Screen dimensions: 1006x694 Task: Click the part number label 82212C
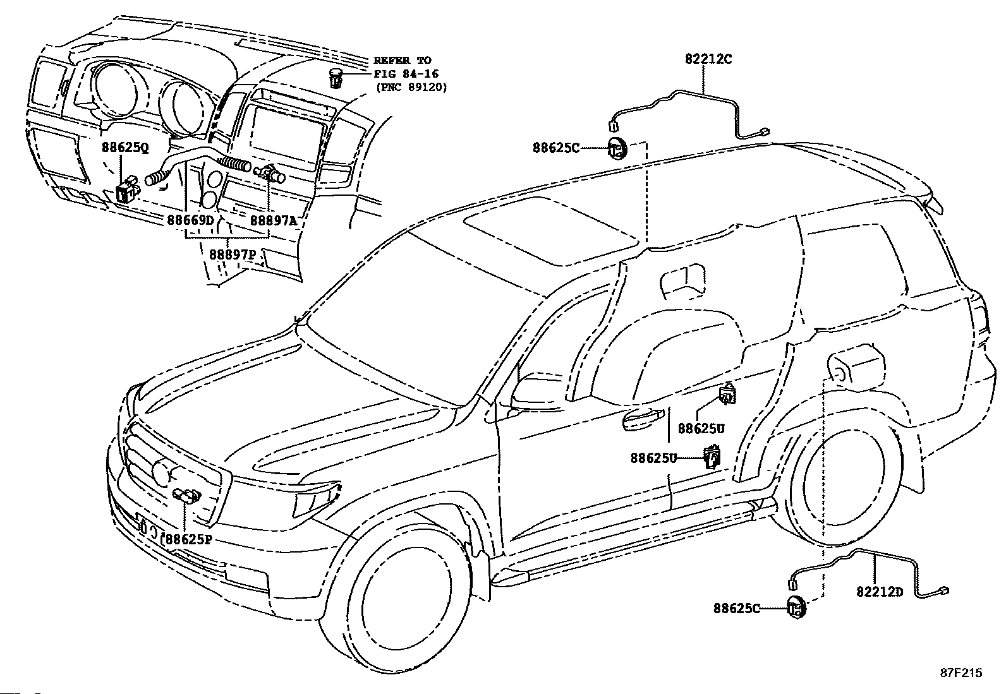click(708, 59)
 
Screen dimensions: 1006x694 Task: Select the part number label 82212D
click(880, 592)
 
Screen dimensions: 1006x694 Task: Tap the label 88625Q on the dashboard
click(124, 147)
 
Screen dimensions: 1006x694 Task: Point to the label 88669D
click(190, 220)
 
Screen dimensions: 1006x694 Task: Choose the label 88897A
click(274, 220)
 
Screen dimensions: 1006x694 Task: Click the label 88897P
click(233, 254)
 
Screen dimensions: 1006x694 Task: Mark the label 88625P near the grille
click(188, 539)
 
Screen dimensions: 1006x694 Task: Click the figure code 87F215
click(961, 673)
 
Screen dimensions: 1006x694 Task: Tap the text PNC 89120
click(411, 87)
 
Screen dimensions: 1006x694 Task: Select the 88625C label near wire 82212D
click(737, 608)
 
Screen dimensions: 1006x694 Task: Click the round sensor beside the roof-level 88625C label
click(617, 148)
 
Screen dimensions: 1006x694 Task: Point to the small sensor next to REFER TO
click(336, 78)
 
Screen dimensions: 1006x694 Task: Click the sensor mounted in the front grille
click(187, 495)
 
